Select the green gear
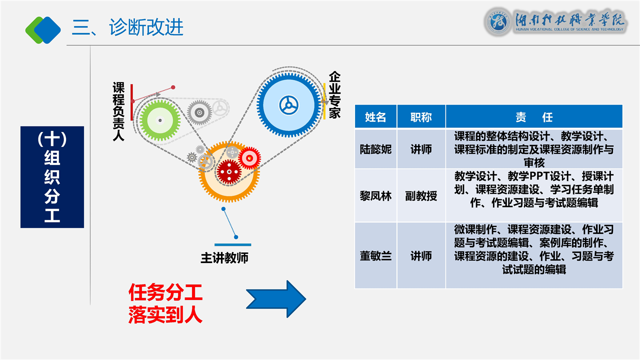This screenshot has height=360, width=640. [x=159, y=120]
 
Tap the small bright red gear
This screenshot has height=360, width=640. [x=249, y=158]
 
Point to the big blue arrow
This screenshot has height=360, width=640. [x=276, y=299]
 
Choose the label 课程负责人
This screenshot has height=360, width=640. [x=118, y=111]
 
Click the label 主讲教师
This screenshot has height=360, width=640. [x=224, y=258]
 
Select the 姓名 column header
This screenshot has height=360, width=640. [x=375, y=117]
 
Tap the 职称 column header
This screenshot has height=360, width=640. [x=421, y=117]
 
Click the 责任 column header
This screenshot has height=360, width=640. [x=534, y=117]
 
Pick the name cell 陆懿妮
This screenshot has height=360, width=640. [x=375, y=149]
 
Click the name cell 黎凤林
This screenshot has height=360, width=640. [x=375, y=195]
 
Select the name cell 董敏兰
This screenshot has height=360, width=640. [x=375, y=255]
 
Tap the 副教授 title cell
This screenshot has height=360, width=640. [x=421, y=195]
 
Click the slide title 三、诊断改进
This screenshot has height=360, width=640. [x=127, y=27]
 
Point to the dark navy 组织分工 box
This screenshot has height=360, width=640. [x=52, y=177]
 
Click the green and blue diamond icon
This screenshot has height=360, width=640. [x=43, y=29]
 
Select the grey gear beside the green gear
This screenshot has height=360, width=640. [x=199, y=111]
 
